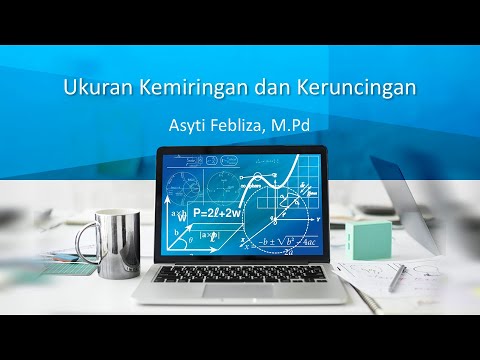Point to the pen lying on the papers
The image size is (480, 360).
pyautogui.click(x=398, y=277)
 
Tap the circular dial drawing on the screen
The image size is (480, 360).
pyautogui.click(x=183, y=185)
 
